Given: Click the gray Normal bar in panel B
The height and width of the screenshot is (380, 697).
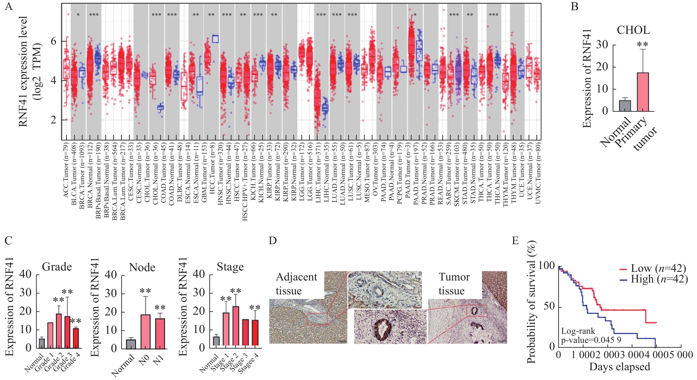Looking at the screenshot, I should pos(625,106).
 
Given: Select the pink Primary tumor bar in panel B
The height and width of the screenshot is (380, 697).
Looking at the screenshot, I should pos(643,92).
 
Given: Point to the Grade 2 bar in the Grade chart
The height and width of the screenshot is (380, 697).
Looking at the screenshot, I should pos(59,330).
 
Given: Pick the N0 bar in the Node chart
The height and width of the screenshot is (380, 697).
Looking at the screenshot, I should pos(145,332).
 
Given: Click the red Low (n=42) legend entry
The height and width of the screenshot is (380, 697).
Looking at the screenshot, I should pos(653,268).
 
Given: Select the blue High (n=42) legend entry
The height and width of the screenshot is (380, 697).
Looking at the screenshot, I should pos(653,279).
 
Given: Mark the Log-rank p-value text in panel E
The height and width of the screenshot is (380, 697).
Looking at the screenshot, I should pos(591,335).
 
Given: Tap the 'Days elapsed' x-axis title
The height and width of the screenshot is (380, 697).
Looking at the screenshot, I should pos(620,367).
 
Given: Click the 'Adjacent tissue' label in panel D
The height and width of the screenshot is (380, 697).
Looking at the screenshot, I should pos(296,284).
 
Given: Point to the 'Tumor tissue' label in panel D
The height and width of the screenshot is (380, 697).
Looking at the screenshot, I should pos(454,284).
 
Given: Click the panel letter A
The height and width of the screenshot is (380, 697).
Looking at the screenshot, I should pos(9,6).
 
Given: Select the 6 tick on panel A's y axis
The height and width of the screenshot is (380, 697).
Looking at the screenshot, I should pos(54,41).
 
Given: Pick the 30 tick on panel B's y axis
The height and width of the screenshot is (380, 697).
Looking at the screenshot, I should pos(602,45).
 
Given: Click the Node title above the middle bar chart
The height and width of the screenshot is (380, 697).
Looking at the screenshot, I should pos(142,267).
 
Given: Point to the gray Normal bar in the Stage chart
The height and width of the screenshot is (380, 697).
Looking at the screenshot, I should pos(216,341).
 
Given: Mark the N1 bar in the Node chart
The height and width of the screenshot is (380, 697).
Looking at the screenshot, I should pos(160,334).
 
